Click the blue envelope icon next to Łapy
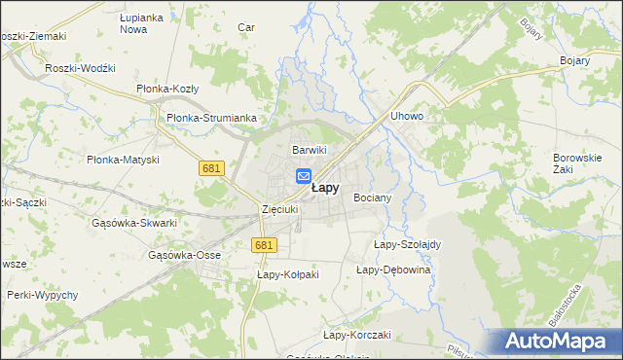303,176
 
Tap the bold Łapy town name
325,189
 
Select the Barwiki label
310,150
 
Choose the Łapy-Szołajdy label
408,244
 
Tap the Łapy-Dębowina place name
393,270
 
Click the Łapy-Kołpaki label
287,275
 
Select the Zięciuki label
279,209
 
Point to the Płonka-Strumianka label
211,118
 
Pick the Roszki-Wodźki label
81,68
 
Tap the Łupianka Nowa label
139,23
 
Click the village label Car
246,27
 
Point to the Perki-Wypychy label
41,294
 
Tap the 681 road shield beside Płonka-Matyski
211,168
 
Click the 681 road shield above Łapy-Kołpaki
262,245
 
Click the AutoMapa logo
561,342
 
